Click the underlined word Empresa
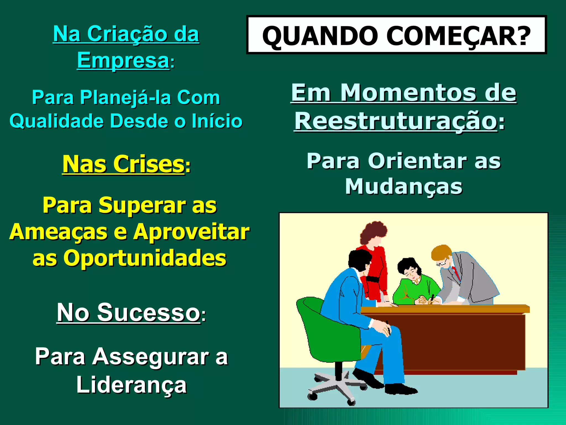(123, 60)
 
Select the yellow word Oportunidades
(145, 258)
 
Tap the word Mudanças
(403, 186)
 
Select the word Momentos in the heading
(408, 92)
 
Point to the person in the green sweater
(415, 285)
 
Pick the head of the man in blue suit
(359, 261)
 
